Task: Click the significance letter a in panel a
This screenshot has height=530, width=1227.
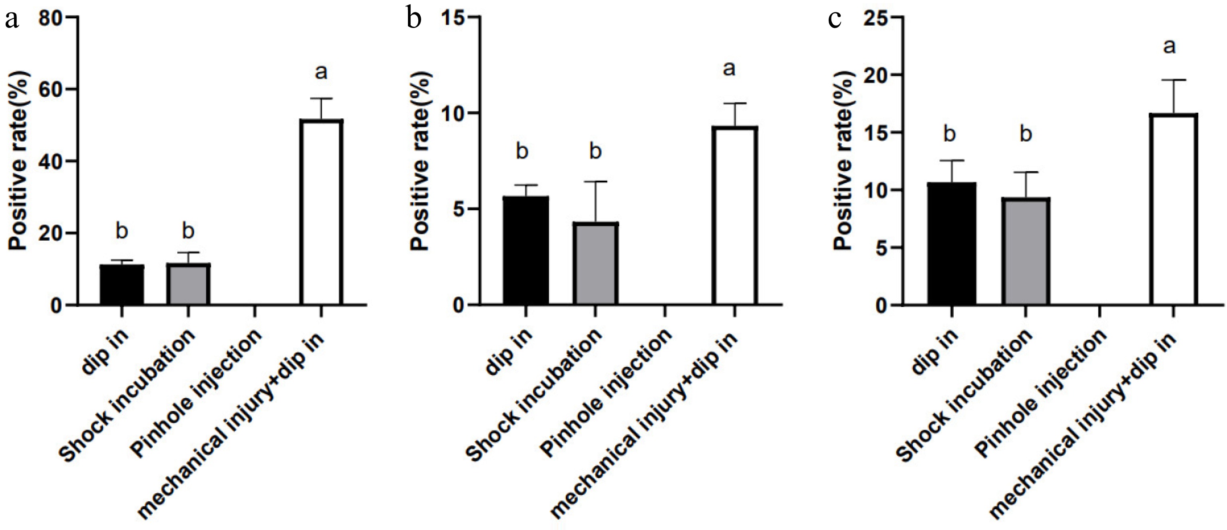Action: (322, 73)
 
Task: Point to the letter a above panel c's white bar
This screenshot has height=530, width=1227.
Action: (1170, 47)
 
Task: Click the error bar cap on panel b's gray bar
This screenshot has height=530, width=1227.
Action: (595, 181)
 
